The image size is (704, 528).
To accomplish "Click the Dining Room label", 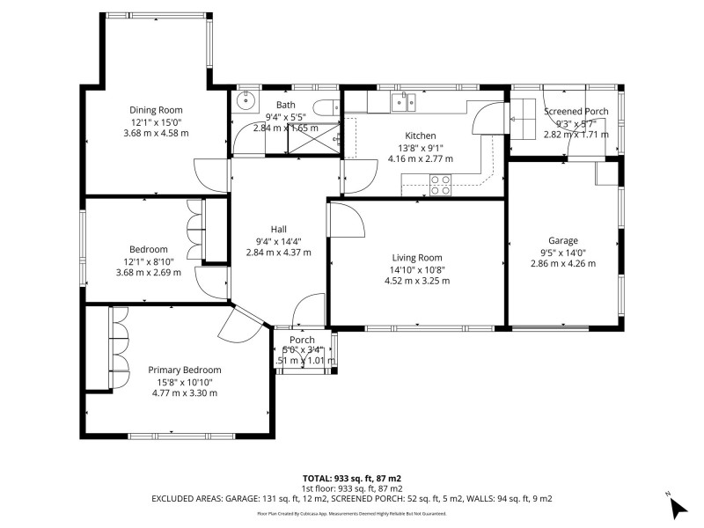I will (157, 110).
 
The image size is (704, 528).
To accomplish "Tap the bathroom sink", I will (246, 99).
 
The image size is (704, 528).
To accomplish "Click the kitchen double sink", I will (404, 103).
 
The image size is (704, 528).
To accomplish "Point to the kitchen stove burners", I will (440, 184).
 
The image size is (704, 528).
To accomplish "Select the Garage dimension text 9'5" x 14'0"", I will (563, 252).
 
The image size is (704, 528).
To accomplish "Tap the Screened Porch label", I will (576, 111).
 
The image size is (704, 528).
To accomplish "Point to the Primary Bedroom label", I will (184, 370).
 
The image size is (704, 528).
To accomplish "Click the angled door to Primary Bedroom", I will (239, 326).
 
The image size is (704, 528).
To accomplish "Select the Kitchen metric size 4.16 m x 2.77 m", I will (421, 159).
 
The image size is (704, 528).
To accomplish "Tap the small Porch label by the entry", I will (302, 341).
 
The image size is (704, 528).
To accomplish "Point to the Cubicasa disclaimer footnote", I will (352, 513).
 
